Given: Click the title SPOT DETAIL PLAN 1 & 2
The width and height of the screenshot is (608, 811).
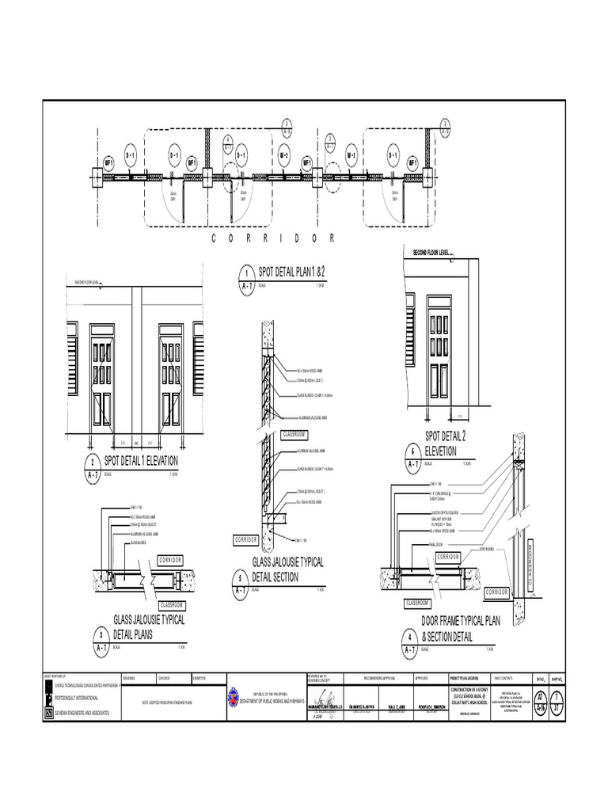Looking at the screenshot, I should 292,272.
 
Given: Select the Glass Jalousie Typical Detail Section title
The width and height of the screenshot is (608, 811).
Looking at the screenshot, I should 288,569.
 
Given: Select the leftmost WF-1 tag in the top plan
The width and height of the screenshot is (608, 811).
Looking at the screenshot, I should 109,162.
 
